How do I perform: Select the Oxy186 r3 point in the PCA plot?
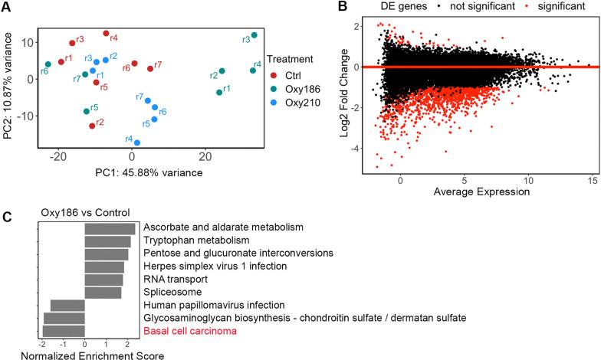(254, 35)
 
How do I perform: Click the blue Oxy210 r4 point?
(137, 142)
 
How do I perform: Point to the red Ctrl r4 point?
(106, 34)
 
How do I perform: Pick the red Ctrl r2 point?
(92, 126)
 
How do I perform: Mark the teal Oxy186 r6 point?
(48, 64)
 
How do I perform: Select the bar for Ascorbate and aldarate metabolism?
(110, 228)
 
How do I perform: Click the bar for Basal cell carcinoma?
(63, 330)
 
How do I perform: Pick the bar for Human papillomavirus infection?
(67, 305)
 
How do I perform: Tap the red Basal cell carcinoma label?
(189, 331)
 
